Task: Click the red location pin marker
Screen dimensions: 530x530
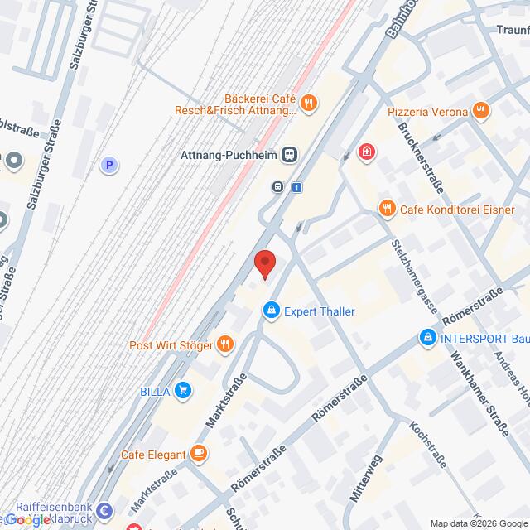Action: pos(264,263)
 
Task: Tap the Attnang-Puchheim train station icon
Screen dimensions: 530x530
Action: pos(290,154)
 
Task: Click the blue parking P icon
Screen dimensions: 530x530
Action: pos(108,166)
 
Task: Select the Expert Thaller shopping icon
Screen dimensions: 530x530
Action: pos(270,311)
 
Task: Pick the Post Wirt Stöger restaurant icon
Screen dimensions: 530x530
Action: pos(224,344)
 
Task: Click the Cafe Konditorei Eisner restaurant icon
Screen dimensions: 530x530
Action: pos(386,209)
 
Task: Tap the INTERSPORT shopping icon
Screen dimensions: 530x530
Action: pos(427,338)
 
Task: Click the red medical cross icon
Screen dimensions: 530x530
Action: pos(365,152)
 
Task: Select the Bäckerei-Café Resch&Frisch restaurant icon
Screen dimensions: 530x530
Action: pos(307,104)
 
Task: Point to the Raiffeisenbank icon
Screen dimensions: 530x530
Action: pos(105,510)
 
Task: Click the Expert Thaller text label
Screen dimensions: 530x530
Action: pos(320,311)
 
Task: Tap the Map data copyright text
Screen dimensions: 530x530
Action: pos(478,523)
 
